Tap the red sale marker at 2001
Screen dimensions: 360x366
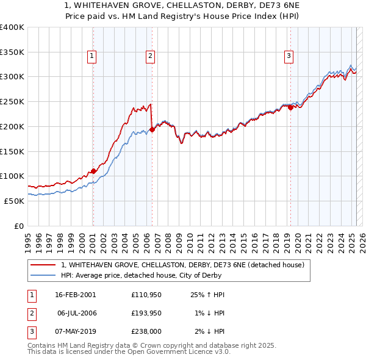[93, 171]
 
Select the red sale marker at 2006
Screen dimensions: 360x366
[152, 129]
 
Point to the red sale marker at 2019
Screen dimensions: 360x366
[290, 107]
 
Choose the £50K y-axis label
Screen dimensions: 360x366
[15, 201]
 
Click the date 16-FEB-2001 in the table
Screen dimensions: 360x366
[75, 295]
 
